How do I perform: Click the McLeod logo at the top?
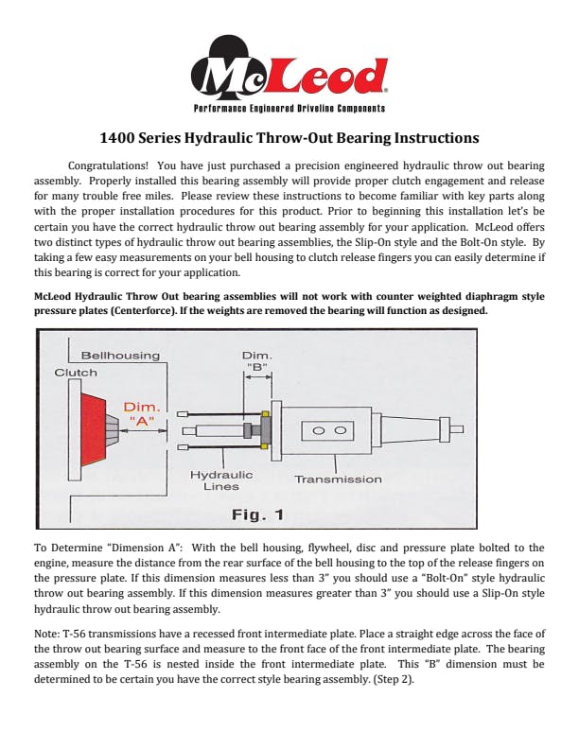click(x=289, y=72)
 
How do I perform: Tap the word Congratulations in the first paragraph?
click(x=108, y=165)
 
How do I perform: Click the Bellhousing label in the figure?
click(x=120, y=356)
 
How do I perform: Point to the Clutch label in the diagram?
click(x=76, y=373)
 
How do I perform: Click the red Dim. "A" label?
click(x=142, y=413)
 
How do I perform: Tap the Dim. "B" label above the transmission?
click(x=257, y=361)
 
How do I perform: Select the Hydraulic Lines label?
click(x=221, y=480)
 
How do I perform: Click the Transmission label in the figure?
click(x=338, y=479)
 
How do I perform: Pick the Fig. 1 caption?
click(x=258, y=514)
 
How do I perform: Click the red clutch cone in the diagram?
click(x=93, y=429)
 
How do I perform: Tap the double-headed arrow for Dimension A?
click(x=143, y=430)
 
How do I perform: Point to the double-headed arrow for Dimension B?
click(x=258, y=376)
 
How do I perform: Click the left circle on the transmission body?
click(x=319, y=430)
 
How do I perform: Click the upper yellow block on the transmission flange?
click(x=265, y=413)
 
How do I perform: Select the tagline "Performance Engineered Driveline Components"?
click(x=289, y=109)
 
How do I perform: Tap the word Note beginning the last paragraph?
click(x=46, y=634)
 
